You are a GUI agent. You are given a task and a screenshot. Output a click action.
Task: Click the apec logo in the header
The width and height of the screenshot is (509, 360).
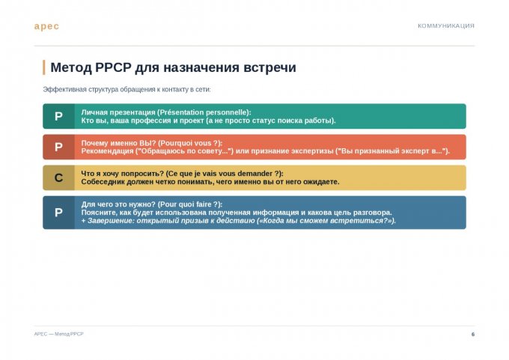(46, 26)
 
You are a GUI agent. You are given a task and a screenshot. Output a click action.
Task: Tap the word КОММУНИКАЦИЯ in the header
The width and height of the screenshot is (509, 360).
(445, 26)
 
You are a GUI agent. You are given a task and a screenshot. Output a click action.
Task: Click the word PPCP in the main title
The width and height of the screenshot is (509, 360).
(113, 67)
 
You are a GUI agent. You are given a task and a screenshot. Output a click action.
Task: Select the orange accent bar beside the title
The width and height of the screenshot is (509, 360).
(44, 67)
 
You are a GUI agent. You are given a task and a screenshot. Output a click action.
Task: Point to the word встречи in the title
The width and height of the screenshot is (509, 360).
(269, 67)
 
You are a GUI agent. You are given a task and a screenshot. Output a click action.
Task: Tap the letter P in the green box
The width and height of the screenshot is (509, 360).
(58, 116)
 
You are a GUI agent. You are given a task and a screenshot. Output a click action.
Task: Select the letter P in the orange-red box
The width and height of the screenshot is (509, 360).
(58, 147)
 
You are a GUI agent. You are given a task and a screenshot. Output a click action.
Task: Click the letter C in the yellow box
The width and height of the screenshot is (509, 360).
(58, 178)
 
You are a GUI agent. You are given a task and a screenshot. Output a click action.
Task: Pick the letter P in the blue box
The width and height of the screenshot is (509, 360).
(58, 213)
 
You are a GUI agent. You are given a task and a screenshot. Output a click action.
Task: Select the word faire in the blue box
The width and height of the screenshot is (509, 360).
(203, 204)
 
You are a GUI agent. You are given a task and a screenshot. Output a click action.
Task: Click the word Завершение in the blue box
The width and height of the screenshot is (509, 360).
(110, 221)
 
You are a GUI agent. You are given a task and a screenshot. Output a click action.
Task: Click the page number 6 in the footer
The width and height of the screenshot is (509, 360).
(473, 334)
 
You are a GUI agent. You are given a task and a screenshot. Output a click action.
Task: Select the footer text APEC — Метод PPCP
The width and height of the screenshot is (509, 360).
(58, 334)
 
